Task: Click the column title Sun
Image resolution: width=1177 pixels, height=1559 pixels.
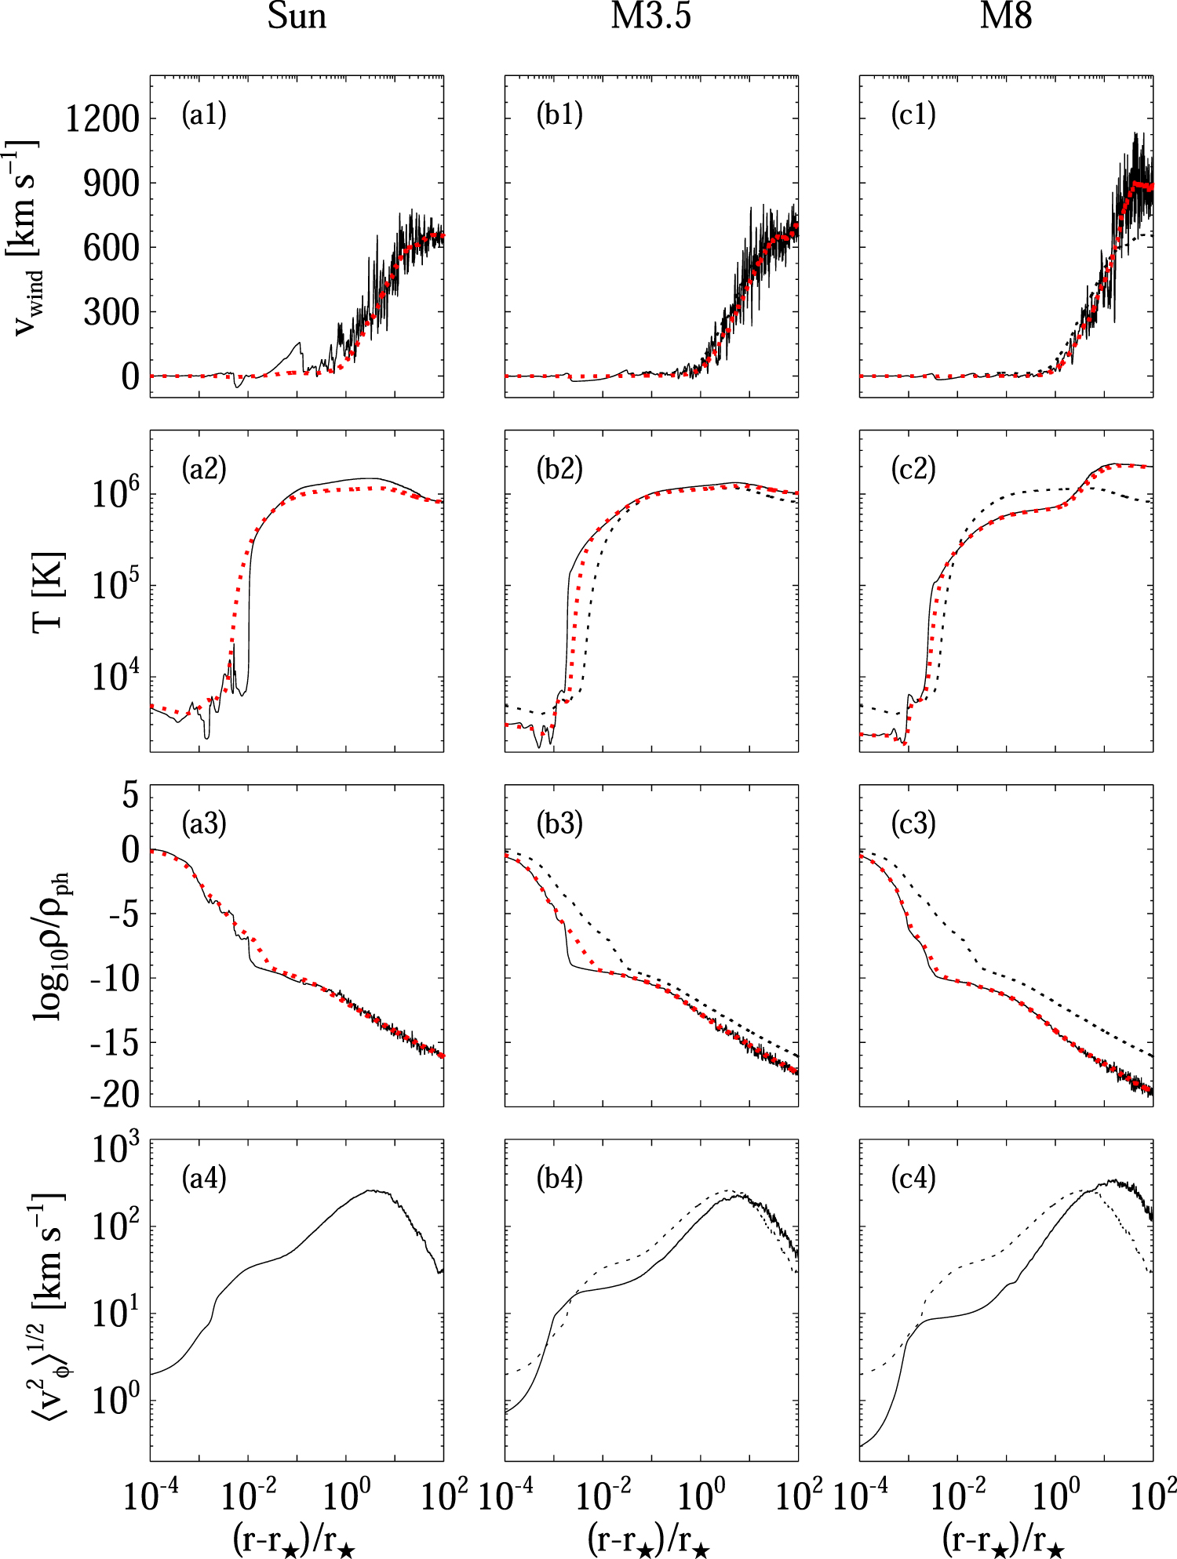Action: click(297, 16)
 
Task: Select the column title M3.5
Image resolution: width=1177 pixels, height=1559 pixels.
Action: click(651, 16)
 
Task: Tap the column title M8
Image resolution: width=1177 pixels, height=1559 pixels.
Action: click(1006, 16)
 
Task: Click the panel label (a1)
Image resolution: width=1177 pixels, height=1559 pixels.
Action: click(204, 115)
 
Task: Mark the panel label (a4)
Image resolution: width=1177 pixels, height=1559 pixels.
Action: click(204, 1178)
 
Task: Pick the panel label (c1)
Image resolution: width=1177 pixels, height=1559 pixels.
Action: click(913, 115)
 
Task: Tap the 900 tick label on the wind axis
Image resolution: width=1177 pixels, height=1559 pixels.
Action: click(112, 184)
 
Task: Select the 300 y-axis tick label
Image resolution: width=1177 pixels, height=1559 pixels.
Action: click(112, 313)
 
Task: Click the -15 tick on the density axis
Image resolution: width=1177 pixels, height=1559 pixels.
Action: click(115, 1044)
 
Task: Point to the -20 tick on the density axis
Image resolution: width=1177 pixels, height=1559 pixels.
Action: click(115, 1095)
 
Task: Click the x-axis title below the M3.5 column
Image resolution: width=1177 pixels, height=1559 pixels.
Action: click(650, 1539)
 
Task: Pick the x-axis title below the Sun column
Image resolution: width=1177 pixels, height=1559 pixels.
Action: click(296, 1539)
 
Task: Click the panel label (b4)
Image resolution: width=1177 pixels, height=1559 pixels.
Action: click(559, 1178)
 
